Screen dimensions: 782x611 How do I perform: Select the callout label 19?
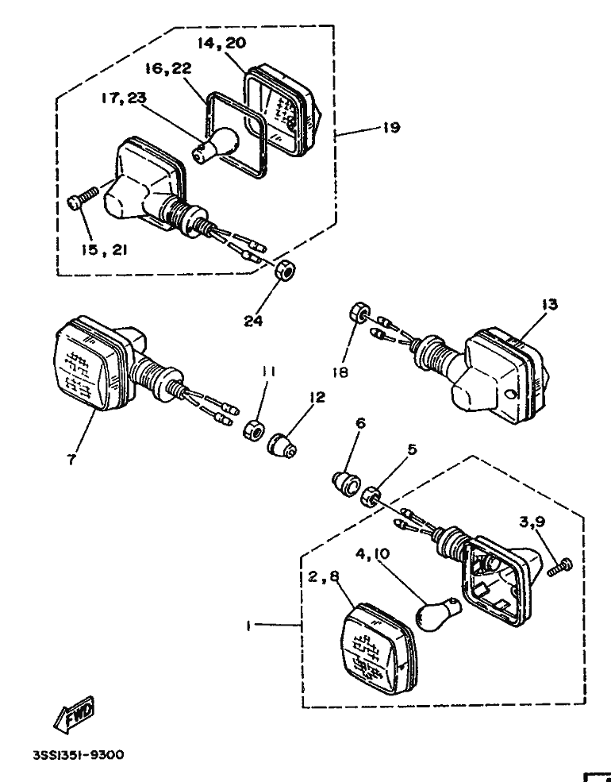tap(390, 127)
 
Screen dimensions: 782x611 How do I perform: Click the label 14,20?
tap(221, 44)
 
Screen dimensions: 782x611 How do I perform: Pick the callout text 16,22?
tap(167, 70)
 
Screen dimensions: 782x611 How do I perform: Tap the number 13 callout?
tap(550, 304)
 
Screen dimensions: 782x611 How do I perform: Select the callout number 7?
tap(71, 460)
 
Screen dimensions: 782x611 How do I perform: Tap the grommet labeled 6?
tap(344, 481)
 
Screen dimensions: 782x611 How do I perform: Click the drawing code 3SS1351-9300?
tap(78, 756)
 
